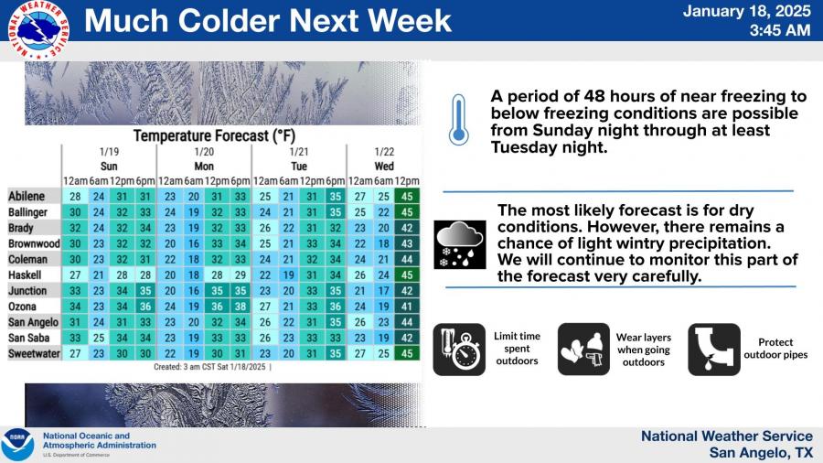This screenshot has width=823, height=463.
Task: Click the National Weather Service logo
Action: tap(38, 29)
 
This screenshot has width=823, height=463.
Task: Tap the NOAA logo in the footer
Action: tap(17, 445)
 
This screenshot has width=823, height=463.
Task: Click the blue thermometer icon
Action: tap(458, 120)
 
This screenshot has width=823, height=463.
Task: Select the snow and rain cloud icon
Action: tap(460, 244)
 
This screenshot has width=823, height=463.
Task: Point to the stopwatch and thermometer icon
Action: tap(459, 350)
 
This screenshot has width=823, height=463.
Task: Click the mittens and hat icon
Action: tap(583, 350)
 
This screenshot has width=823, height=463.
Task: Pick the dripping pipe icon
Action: tap(714, 350)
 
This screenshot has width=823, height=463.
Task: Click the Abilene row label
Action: tap(27, 197)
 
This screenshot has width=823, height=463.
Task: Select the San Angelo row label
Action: tap(33, 322)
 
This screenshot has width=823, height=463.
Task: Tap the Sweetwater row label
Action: tap(34, 354)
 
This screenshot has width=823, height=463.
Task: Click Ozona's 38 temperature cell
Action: tap(240, 307)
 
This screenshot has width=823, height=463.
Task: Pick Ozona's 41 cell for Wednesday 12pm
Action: tap(407, 307)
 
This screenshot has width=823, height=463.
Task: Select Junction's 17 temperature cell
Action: tap(383, 291)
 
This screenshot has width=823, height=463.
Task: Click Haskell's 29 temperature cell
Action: tap(240, 275)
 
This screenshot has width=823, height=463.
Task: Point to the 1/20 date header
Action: tap(204, 152)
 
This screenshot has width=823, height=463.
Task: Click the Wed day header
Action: tap(384, 167)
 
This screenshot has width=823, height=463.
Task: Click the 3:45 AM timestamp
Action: tap(780, 30)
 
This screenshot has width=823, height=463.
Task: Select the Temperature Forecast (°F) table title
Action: tap(214, 136)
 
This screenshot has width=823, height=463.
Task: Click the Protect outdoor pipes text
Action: tap(775, 349)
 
